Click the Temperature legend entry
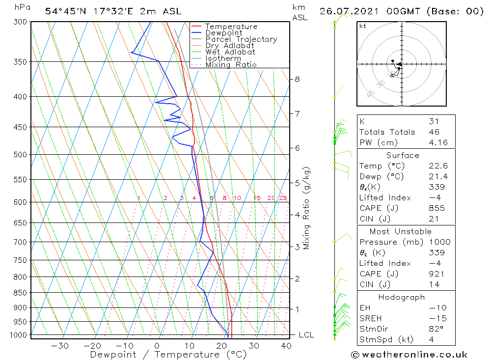(x=231, y=27)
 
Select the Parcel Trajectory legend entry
(x=241, y=39)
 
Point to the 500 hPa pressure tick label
(x=20, y=154)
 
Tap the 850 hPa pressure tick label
(x=20, y=293)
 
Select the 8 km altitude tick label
(x=297, y=79)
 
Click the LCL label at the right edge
(x=306, y=335)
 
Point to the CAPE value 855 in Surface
(x=436, y=208)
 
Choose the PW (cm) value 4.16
(x=436, y=142)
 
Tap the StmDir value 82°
(x=436, y=329)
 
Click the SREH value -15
(x=436, y=318)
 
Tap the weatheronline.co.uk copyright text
(x=409, y=355)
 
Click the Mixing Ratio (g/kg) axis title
(x=306, y=208)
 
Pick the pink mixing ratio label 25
(x=283, y=198)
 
